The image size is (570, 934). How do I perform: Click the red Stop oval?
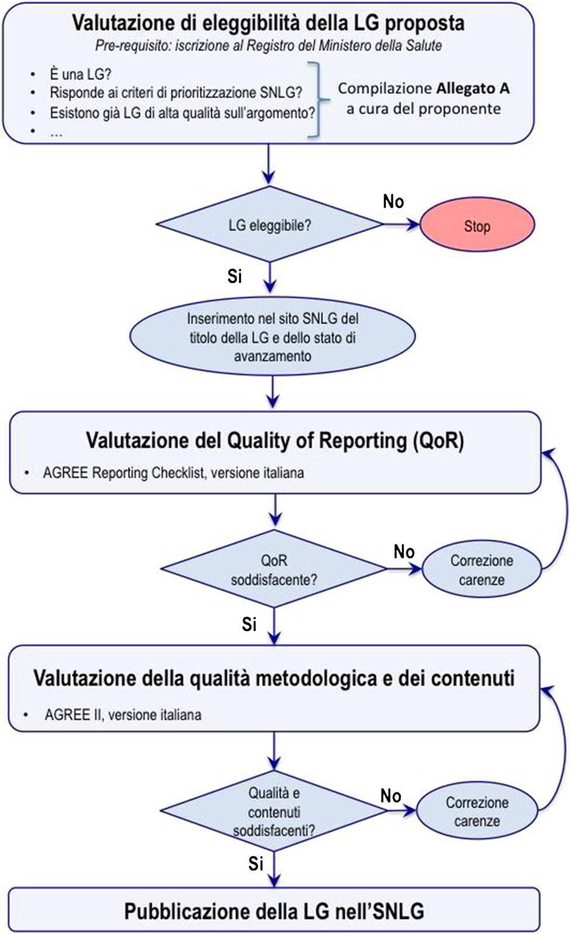[x=477, y=226]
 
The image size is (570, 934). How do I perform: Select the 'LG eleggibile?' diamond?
[x=269, y=225]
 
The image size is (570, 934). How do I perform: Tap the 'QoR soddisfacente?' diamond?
[x=274, y=570]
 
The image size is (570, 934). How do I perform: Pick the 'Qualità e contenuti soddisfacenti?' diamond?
[x=274, y=811]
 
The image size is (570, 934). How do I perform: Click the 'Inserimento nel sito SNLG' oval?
[x=272, y=337]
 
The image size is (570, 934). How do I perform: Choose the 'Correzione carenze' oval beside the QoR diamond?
[x=481, y=570]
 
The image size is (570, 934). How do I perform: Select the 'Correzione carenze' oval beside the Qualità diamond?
[x=477, y=811]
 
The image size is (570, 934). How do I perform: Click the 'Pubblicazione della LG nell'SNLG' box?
[x=274, y=911]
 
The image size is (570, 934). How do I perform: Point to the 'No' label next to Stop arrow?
[x=393, y=202]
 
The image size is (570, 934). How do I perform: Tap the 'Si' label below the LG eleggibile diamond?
[x=235, y=276]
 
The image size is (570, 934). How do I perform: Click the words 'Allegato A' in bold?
[x=472, y=89]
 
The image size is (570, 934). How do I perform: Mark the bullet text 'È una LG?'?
[x=80, y=74]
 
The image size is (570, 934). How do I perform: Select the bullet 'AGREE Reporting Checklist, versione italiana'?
[x=173, y=473]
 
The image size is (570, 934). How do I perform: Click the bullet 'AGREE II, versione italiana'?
[x=123, y=714]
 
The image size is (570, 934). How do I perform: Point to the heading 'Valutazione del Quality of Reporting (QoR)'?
[x=274, y=440]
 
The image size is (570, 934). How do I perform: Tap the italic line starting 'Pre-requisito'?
[x=268, y=46]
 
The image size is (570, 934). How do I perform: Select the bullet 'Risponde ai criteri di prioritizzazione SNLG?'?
[x=176, y=93]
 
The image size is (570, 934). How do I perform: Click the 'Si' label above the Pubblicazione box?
[x=256, y=863]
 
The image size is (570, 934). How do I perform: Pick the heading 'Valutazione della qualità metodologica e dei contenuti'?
[x=274, y=678]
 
